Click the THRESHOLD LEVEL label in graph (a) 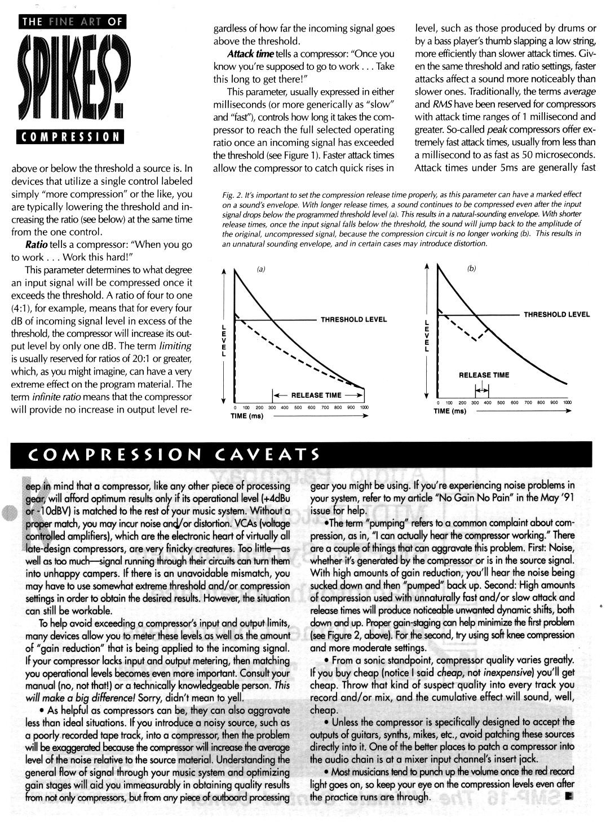(x=354, y=319)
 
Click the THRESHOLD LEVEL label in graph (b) (x=556, y=314)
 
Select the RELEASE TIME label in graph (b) (x=484, y=375)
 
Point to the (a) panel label (x=260, y=269)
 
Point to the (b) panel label (x=471, y=269)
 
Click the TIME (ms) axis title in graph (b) (x=450, y=411)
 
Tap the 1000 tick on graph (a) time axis (x=364, y=407)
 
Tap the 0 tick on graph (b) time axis (x=439, y=402)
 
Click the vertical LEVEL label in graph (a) (x=225, y=340)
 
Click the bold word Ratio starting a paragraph (x=36, y=245)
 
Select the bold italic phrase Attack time (x=250, y=54)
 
